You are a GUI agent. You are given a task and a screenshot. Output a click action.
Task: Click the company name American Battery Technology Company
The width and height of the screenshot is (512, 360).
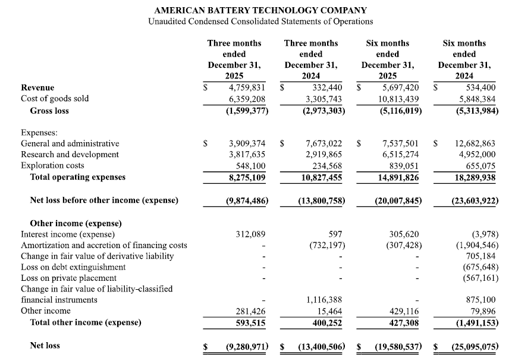pyautogui.click(x=260, y=10)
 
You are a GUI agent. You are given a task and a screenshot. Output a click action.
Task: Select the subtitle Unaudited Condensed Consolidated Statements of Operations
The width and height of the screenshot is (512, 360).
pyautogui.click(x=260, y=21)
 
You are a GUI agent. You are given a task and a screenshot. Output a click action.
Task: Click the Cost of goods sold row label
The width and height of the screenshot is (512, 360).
pyautogui.click(x=55, y=98)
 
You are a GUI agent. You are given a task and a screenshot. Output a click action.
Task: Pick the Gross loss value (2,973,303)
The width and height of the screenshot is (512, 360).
pyautogui.click(x=321, y=111)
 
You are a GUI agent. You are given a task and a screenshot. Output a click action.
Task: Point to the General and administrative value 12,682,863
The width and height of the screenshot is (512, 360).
pyautogui.click(x=474, y=143)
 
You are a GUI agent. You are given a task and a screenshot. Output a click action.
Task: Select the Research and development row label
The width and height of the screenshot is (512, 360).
pyautogui.click(x=70, y=155)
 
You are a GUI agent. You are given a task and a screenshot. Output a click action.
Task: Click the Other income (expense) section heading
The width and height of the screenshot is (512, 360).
pyautogui.click(x=76, y=223)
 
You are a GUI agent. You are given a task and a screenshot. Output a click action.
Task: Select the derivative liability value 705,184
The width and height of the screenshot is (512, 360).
pyautogui.click(x=480, y=256)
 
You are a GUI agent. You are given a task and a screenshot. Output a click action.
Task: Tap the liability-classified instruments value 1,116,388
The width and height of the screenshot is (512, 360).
pyautogui.click(x=325, y=300)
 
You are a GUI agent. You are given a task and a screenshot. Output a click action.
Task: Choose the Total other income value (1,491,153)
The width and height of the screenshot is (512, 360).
pyautogui.click(x=474, y=323)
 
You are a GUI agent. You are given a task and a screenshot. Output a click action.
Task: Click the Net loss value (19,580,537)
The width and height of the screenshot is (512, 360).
pyautogui.click(x=397, y=346)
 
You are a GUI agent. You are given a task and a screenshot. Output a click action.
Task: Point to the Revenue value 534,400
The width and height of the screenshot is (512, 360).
pyautogui.click(x=480, y=87)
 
